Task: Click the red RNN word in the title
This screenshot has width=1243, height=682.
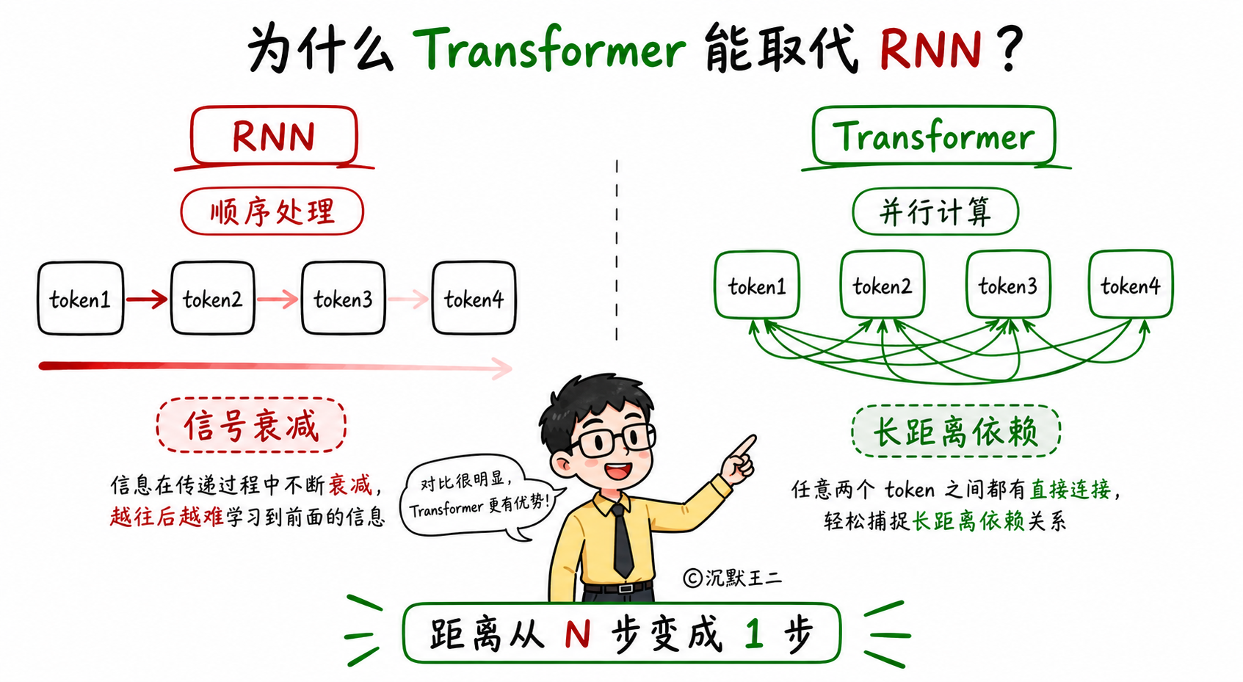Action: click(x=930, y=49)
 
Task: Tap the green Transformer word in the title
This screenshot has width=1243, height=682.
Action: click(x=549, y=49)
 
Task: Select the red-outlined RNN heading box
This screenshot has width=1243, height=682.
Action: click(x=274, y=135)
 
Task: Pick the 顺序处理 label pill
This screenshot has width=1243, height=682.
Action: click(x=272, y=211)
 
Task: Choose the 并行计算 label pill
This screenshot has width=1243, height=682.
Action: click(x=935, y=211)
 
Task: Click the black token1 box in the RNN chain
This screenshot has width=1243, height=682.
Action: click(x=81, y=299)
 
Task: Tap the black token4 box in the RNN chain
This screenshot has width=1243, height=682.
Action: click(x=474, y=299)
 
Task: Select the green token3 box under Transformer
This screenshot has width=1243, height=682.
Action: click(x=1008, y=285)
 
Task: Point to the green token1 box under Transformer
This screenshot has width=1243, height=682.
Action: click(x=757, y=286)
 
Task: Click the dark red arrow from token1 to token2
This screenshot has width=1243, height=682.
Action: click(x=147, y=300)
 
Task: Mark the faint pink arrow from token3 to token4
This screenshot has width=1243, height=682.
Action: click(x=408, y=300)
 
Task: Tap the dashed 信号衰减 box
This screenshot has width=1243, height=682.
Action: click(x=251, y=425)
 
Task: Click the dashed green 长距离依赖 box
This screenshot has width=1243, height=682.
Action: click(x=955, y=431)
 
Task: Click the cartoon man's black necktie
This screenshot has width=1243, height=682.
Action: click(x=621, y=540)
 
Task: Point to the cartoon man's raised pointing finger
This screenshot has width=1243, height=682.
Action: click(x=744, y=446)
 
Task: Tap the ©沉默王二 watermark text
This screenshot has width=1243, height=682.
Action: click(x=732, y=578)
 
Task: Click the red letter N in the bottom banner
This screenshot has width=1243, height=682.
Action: click(x=577, y=634)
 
